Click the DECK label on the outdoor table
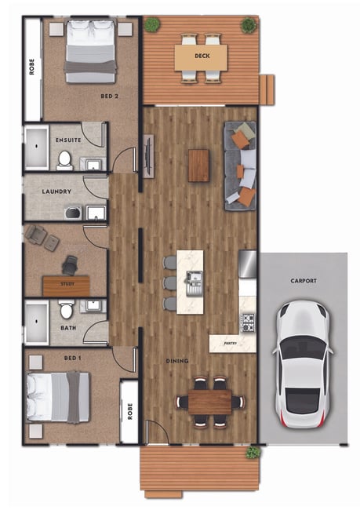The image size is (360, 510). click(202, 56)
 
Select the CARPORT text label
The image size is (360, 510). click(304, 280)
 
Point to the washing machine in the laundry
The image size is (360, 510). click(73, 213)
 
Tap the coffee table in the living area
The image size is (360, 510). click(198, 166)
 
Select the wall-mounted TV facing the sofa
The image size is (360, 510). click(148, 156)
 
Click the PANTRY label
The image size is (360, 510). click(231, 343)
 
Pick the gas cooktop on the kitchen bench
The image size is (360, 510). click(247, 322)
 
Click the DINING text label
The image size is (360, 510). click(177, 361)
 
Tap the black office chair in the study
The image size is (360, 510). click(70, 265)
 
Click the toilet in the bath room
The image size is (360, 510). click(67, 309)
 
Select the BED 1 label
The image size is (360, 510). click(72, 358)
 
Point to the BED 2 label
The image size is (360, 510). click(109, 97)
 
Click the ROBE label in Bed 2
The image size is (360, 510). click(31, 67)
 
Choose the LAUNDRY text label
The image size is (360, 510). click(56, 191)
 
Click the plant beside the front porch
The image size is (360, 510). click(253, 452)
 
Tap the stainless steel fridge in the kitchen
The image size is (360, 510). click(248, 264)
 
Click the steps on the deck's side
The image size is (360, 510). click(267, 89)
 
